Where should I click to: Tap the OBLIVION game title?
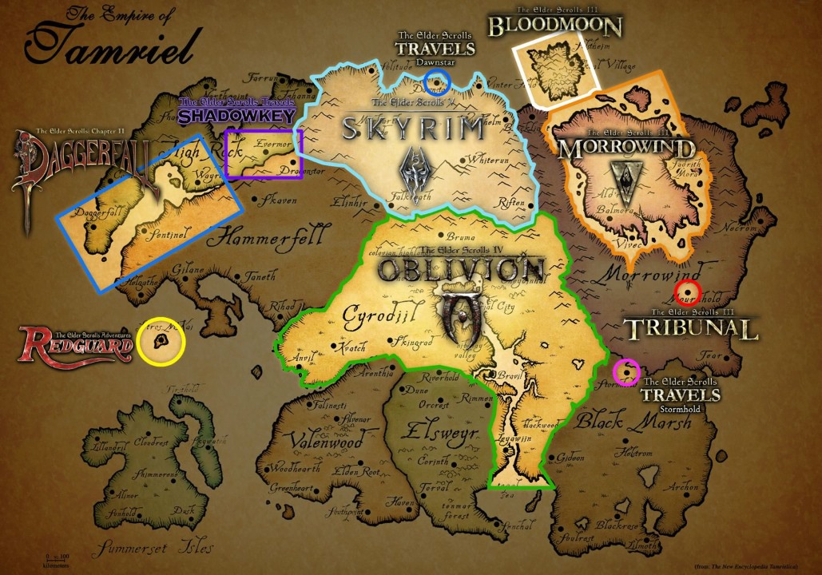(461, 269)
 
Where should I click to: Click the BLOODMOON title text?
(554, 26)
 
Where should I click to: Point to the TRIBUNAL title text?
(690, 329)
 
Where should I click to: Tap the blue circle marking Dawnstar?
(437, 80)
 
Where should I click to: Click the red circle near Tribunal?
(687, 292)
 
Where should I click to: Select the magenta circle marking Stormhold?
(626, 371)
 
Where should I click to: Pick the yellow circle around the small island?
(161, 342)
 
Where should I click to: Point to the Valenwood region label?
(327, 438)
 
